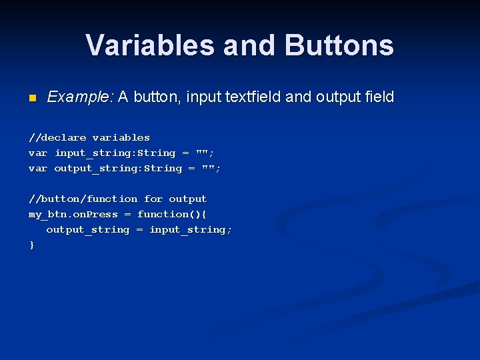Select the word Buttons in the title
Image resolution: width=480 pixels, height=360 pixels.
coord(339,45)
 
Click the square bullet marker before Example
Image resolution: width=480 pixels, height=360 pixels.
coord(31,99)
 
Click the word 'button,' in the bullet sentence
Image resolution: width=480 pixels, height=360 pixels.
coord(157,97)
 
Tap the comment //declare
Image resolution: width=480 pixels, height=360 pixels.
coord(57,137)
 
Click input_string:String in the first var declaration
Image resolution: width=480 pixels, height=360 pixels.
coord(115,153)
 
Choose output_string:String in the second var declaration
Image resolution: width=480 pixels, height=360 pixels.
coord(118,168)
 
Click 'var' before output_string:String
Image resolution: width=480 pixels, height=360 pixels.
coord(37,168)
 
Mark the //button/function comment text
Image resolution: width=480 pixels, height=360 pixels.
coord(83,199)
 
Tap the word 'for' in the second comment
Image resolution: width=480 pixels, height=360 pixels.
coord(153,199)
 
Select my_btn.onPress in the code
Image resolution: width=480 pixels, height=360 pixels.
coord(73,214)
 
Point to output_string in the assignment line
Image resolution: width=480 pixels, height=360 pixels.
coord(87,229)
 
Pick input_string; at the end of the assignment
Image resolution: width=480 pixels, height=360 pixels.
coord(191,229)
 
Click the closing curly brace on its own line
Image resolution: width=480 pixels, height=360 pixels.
coord(31,245)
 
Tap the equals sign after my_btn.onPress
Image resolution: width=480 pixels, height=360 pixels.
coord(127,214)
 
